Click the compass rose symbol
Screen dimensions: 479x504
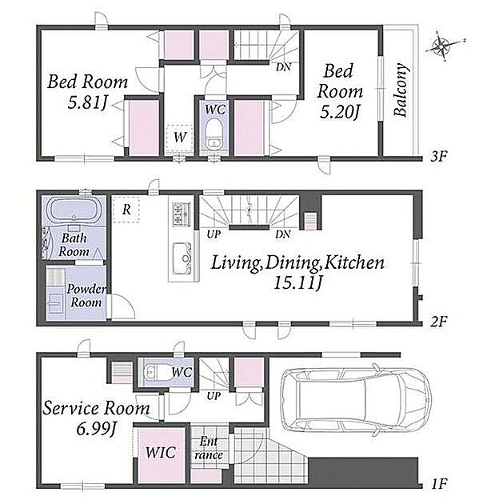click(x=444, y=46)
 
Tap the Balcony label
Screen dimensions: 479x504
click(x=401, y=90)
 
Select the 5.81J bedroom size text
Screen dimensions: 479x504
click(x=87, y=103)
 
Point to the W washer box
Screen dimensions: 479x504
click(x=179, y=138)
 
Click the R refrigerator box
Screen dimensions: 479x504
click(x=126, y=210)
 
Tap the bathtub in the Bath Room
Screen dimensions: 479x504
click(x=74, y=210)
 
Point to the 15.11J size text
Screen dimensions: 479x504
click(x=297, y=283)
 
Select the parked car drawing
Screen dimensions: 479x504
click(x=355, y=400)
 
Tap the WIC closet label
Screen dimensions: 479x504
click(x=160, y=452)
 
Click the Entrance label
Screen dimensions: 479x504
click(x=209, y=448)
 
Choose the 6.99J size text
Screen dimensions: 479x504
click(x=96, y=429)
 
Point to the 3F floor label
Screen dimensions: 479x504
click(x=439, y=156)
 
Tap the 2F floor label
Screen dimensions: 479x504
click(x=439, y=321)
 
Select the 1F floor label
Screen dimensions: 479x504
click(x=439, y=484)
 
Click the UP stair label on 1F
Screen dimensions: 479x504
click(x=214, y=396)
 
